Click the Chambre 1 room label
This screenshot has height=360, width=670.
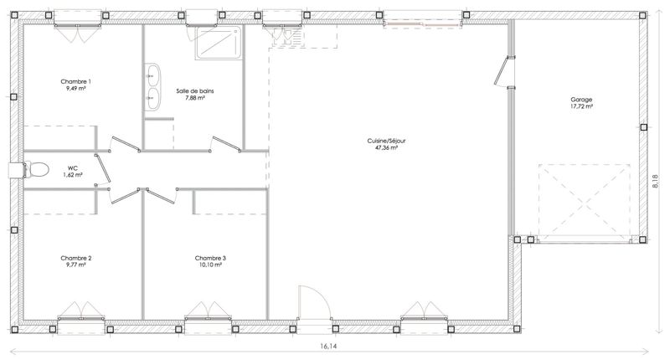click(75, 81)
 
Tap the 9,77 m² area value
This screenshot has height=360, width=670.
click(75, 265)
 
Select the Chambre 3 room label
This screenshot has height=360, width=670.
click(210, 258)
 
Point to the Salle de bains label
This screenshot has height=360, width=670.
click(195, 91)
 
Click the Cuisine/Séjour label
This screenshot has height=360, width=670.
click(386, 141)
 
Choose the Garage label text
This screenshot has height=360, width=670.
click(581, 100)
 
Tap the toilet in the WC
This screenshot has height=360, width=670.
click(36, 170)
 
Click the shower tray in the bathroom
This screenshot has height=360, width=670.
click(217, 42)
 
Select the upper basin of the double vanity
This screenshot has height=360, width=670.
click(152, 75)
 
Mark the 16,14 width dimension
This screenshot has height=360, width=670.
click(328, 347)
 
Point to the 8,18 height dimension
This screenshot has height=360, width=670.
click(656, 181)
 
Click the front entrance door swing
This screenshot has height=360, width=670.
click(315, 302)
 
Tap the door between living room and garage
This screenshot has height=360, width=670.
click(504, 71)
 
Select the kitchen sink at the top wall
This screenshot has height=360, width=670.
click(287, 37)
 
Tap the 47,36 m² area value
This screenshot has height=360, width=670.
click(386, 147)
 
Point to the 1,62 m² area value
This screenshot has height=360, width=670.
click(73, 175)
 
